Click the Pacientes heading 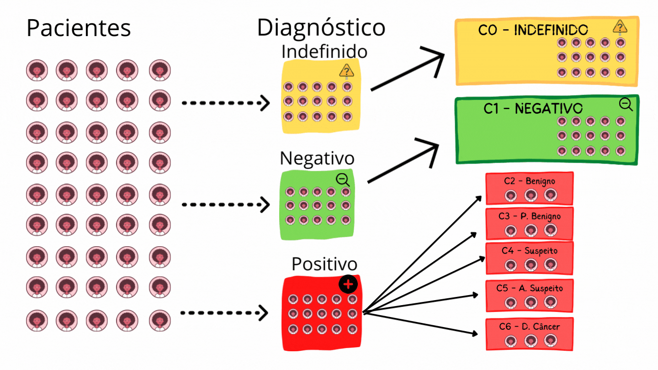point(79,28)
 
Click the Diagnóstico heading point(321,27)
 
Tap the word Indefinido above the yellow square point(324,52)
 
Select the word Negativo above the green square point(317,159)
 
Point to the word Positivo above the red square point(324,264)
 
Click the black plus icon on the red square point(348,284)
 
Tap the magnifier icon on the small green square point(343,180)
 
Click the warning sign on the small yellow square point(347,71)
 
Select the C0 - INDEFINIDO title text point(533,30)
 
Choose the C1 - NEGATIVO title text point(533,109)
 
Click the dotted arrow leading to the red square point(224,313)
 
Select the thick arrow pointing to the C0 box point(407,72)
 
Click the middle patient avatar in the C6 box point(530,340)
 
